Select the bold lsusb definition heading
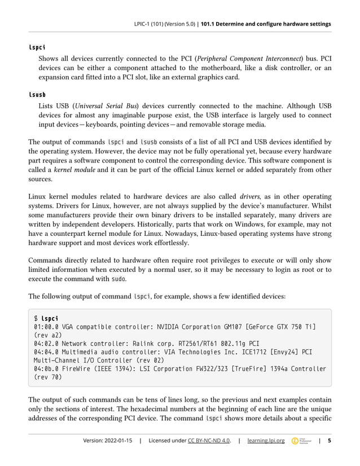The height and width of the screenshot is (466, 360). point(37,94)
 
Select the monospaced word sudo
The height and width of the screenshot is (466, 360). point(118,279)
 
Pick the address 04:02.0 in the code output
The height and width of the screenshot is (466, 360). point(46,342)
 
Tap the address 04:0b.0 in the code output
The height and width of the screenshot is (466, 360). point(46,369)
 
